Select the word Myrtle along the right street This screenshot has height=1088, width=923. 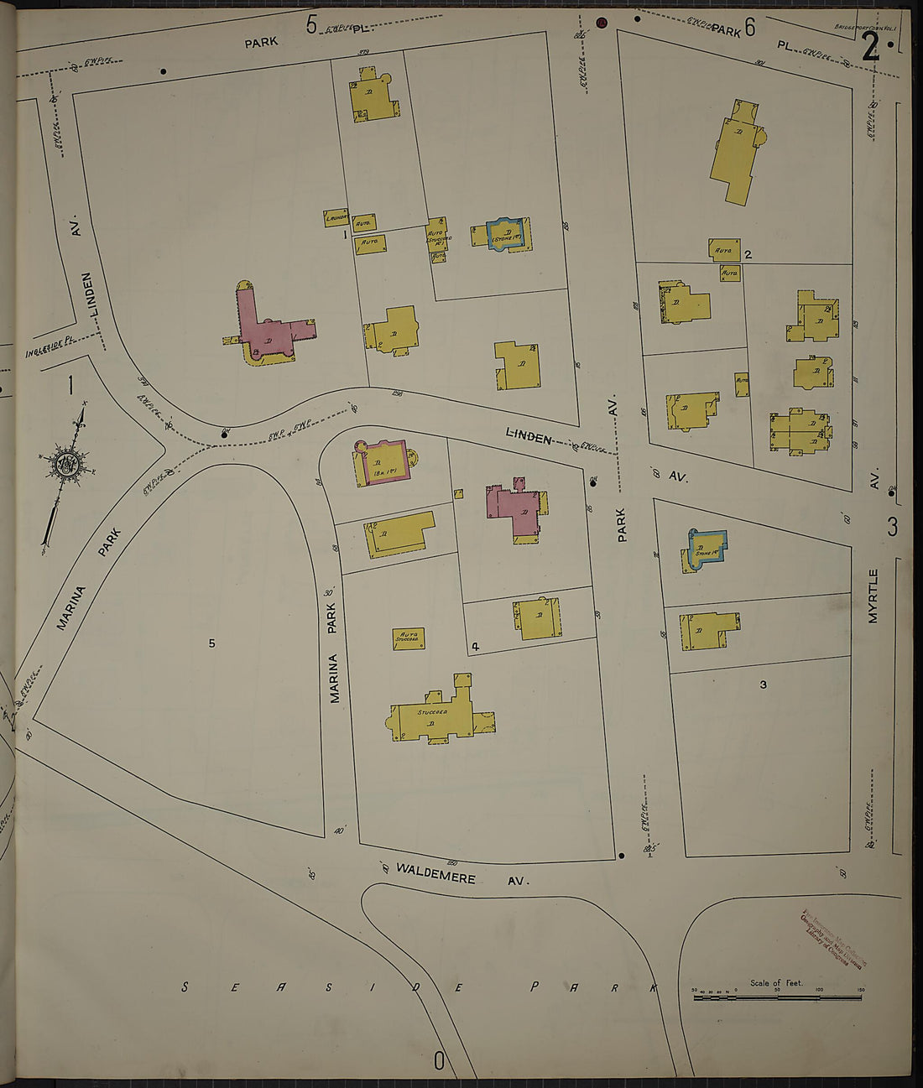[x=873, y=596]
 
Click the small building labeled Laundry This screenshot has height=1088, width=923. [x=336, y=218]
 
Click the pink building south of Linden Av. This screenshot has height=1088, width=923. [x=517, y=510]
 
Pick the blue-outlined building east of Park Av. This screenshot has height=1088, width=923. [x=706, y=549]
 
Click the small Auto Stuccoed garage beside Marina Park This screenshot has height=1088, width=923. [x=409, y=638]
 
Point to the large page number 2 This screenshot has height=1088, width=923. [x=870, y=49]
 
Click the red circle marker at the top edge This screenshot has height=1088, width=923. [x=601, y=23]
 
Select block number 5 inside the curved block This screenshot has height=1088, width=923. [x=211, y=643]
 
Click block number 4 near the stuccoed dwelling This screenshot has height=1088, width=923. [x=475, y=646]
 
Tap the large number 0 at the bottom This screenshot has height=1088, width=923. [x=438, y=1060]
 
